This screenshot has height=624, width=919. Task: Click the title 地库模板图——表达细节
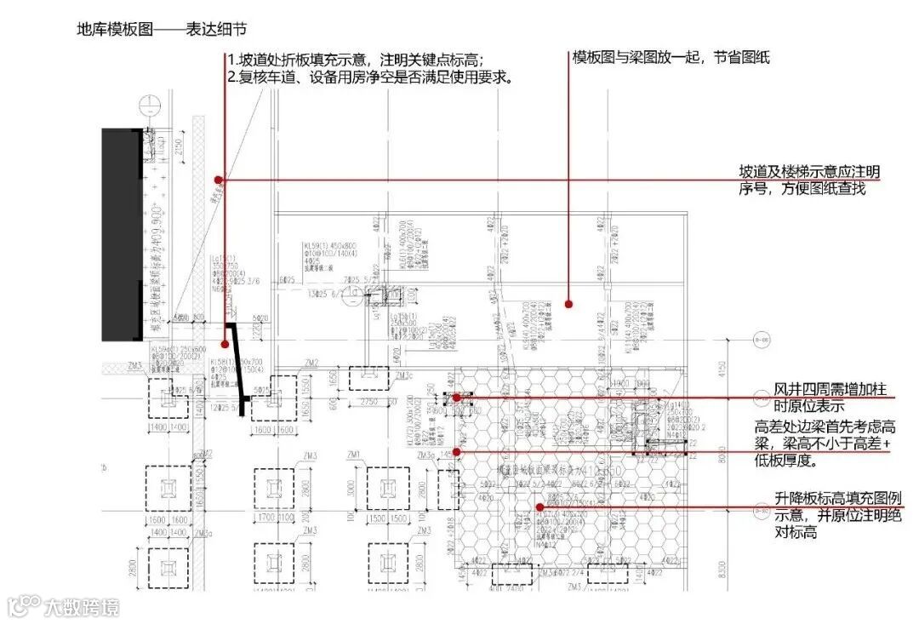click(162, 30)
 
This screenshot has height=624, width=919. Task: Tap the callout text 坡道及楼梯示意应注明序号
click(808, 173)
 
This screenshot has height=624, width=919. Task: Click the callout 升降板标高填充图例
click(838, 499)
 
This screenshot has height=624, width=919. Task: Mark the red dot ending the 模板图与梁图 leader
click(568, 303)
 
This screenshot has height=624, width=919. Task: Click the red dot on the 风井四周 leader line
click(457, 398)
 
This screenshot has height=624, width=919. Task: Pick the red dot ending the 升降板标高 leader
click(539, 507)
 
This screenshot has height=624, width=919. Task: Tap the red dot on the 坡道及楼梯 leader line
click(219, 180)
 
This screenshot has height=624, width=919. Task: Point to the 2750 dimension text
click(368, 401)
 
